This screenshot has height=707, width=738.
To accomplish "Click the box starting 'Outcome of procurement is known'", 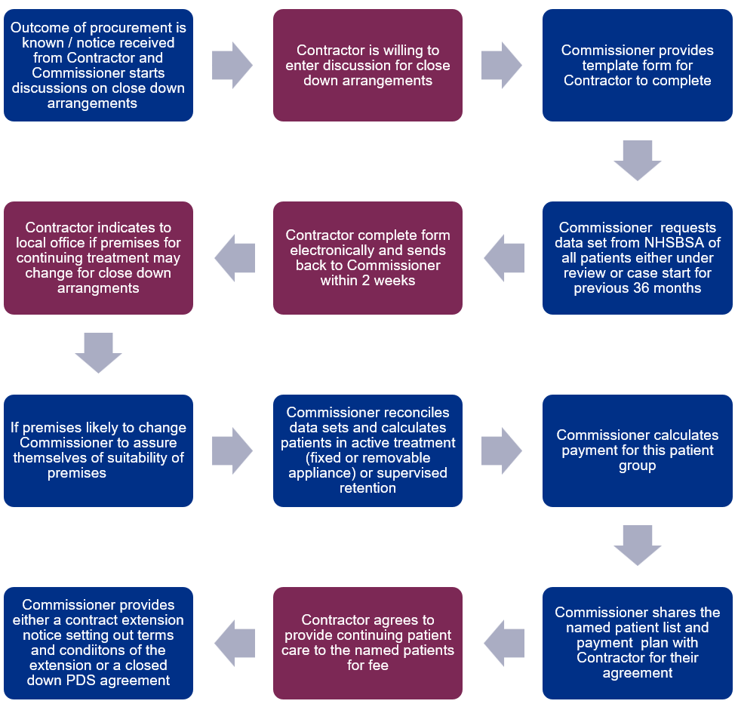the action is (98, 66).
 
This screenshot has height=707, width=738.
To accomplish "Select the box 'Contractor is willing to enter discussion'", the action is (367, 66).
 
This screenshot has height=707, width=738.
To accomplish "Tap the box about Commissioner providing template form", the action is (638, 66).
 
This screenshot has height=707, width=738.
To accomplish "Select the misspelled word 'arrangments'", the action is (98, 288).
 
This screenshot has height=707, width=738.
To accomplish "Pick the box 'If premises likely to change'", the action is (98, 450).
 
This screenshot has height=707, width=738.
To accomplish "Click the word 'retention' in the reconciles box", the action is (367, 488).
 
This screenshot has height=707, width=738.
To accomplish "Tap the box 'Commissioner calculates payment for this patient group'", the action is (638, 450).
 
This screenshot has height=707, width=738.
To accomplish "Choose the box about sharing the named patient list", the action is (638, 643).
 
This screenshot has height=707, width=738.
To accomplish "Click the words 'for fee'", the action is (367, 665).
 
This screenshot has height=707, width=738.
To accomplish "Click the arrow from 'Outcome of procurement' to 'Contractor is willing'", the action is (232, 66).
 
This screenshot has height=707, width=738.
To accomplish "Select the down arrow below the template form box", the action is (638, 161).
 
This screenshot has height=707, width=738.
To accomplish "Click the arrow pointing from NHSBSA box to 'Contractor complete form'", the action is (504, 258).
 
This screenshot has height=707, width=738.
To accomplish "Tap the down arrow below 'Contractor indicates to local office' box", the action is (98, 353).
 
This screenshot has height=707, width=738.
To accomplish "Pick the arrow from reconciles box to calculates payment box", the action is (502, 450).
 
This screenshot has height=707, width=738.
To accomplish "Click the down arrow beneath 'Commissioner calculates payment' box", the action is (638, 545).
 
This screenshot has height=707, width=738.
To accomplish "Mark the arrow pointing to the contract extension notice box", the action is (235, 643).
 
